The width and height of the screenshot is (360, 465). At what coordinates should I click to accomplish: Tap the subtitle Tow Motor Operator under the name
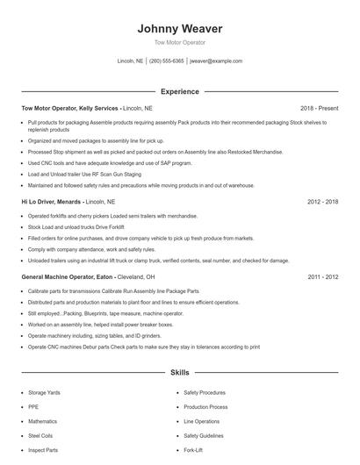point(180,42)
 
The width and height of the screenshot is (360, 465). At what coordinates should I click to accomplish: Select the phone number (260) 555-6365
point(167,61)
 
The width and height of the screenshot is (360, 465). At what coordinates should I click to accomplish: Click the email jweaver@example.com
point(216,61)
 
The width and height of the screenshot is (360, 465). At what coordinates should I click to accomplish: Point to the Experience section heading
point(180,91)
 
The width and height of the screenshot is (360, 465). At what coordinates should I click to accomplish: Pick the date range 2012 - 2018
point(322,201)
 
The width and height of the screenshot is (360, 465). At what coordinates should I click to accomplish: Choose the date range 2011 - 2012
point(322,276)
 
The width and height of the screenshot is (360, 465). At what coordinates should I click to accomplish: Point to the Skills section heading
point(180,373)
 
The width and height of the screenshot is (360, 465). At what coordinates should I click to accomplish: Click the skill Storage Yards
point(44,393)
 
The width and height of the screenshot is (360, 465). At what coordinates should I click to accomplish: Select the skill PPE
point(32,407)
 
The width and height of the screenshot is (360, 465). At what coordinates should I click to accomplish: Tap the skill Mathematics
point(43,421)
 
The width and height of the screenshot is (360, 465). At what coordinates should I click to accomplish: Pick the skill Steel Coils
point(40,436)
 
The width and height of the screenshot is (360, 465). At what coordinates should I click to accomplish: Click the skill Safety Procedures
point(205,393)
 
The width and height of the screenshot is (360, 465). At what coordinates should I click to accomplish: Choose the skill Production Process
point(206,407)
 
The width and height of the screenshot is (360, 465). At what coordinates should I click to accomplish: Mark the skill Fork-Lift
point(193,450)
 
